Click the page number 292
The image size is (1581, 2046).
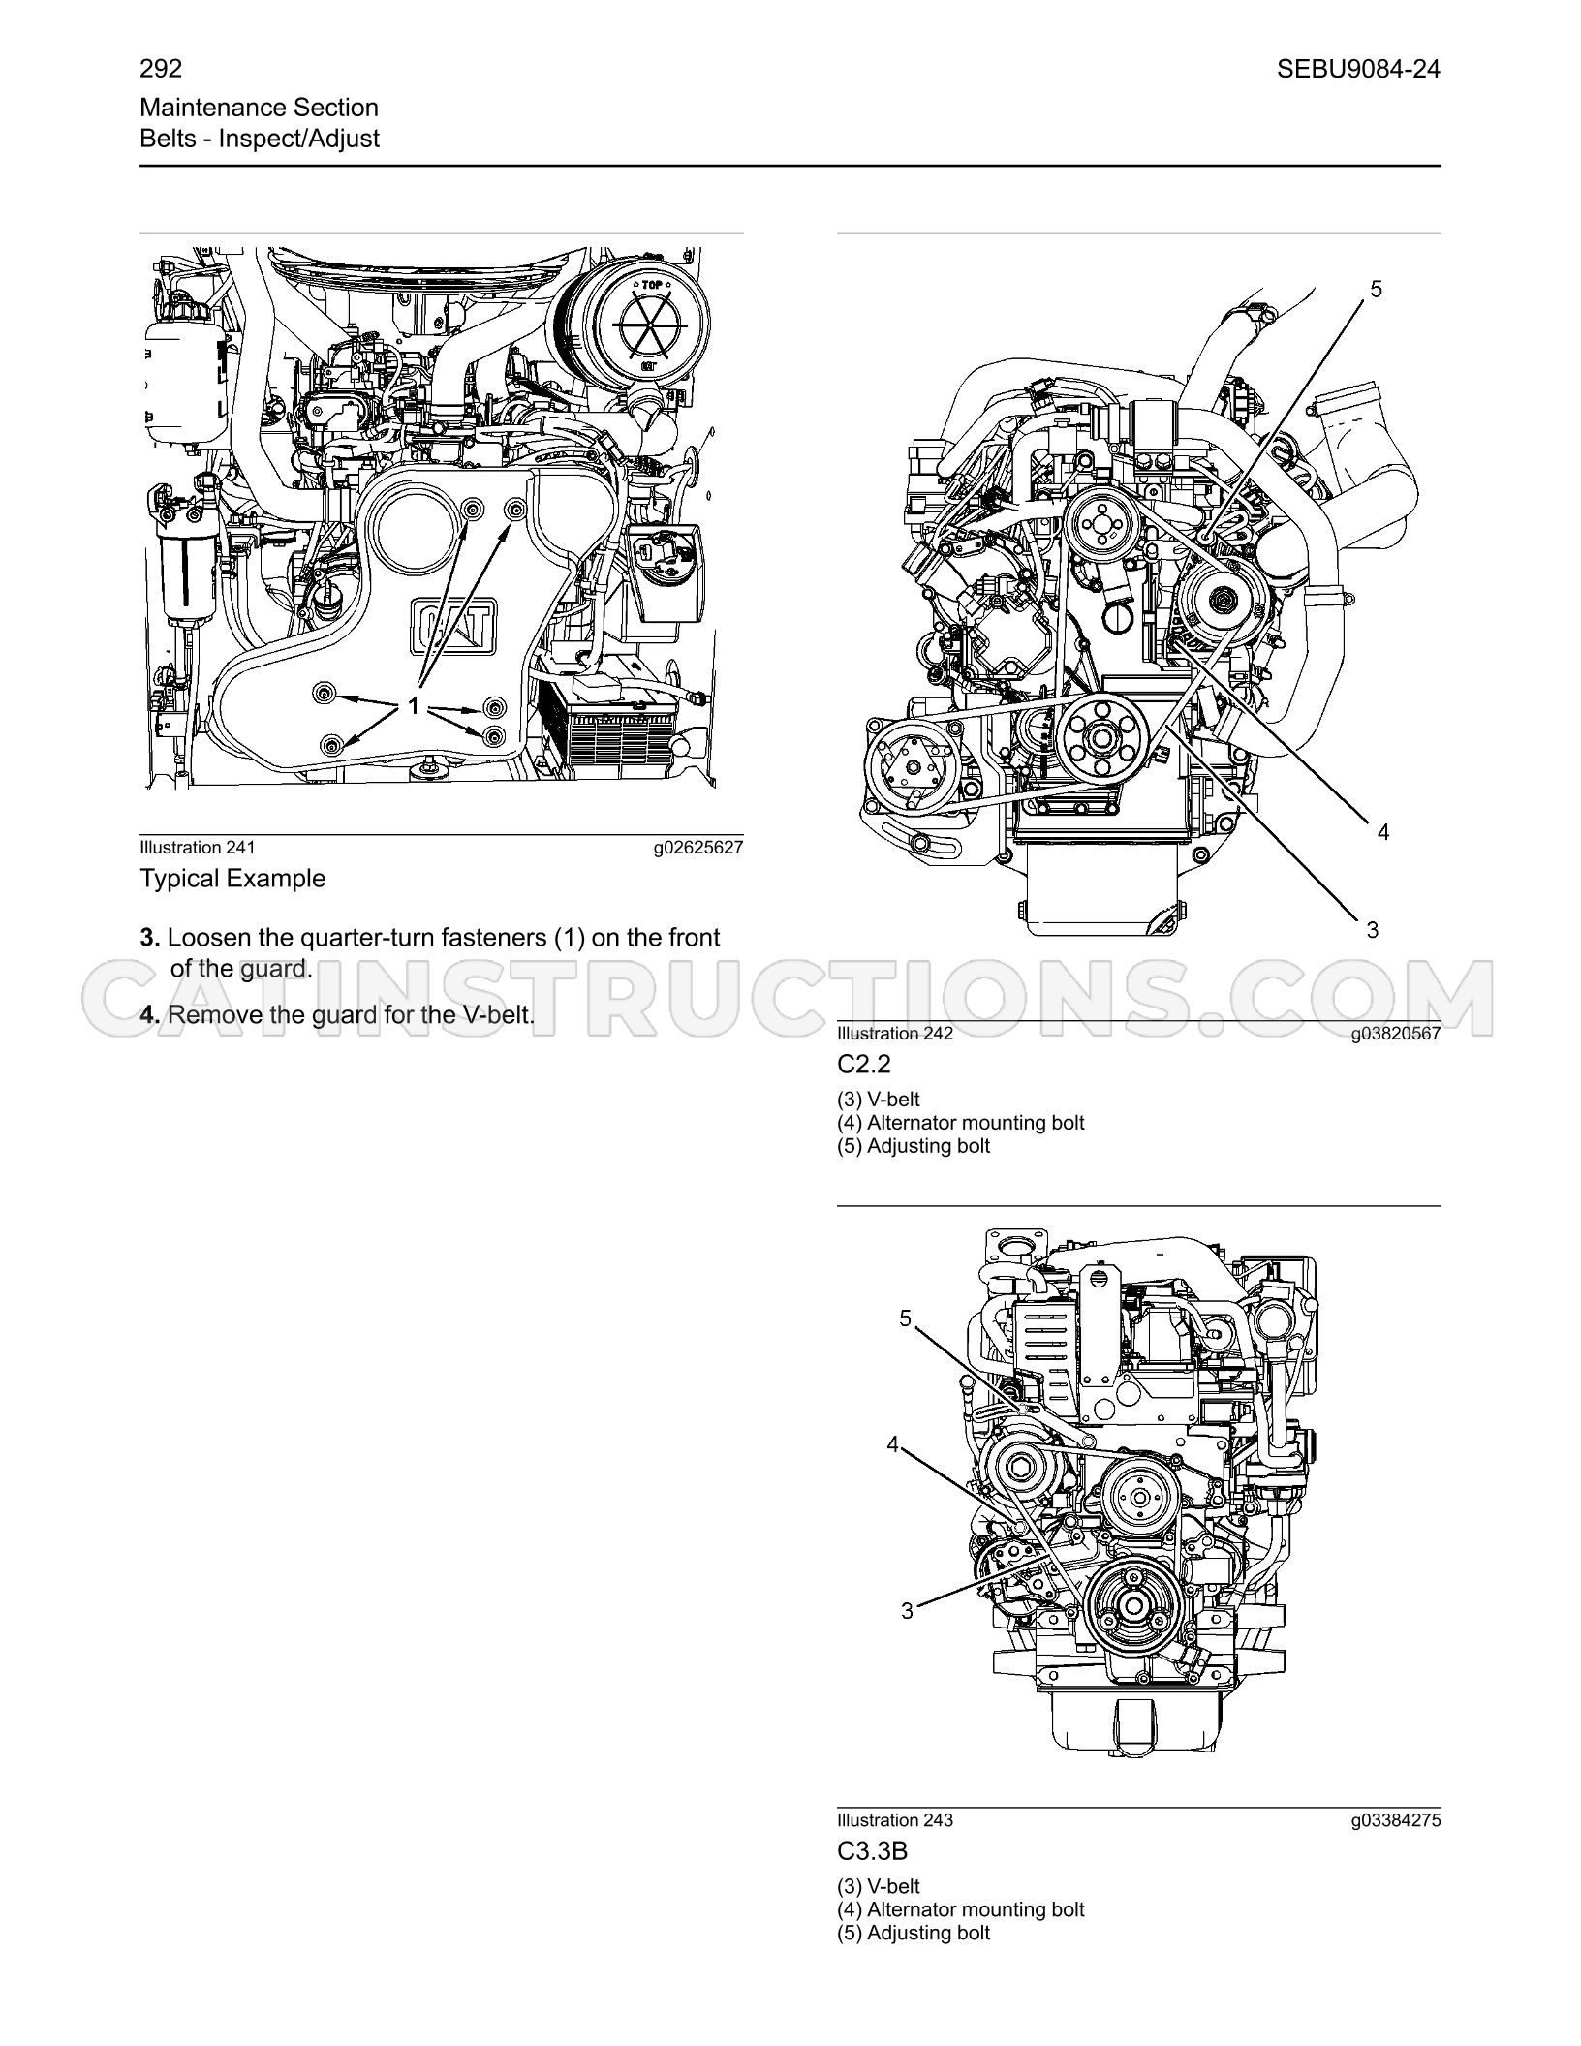tap(161, 69)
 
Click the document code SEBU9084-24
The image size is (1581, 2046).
tap(1358, 69)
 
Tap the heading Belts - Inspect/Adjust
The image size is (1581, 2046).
tap(260, 139)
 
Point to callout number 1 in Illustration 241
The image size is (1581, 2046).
tap(414, 707)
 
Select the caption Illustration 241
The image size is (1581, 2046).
tap(198, 848)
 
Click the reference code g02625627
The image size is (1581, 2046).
tap(698, 848)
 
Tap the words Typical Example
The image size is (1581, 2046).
tap(232, 879)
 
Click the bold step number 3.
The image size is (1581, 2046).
tap(150, 938)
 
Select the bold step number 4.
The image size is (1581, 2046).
tap(150, 1015)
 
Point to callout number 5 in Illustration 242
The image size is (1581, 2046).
tap(1377, 289)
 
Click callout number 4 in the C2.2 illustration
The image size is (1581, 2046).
tap(1383, 832)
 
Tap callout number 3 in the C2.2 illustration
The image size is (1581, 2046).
tap(1373, 930)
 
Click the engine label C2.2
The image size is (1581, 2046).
tap(864, 1064)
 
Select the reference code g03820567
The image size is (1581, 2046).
tap(1396, 1034)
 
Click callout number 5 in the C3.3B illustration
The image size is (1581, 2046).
tap(906, 1318)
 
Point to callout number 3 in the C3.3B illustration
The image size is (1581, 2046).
tap(907, 1611)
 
